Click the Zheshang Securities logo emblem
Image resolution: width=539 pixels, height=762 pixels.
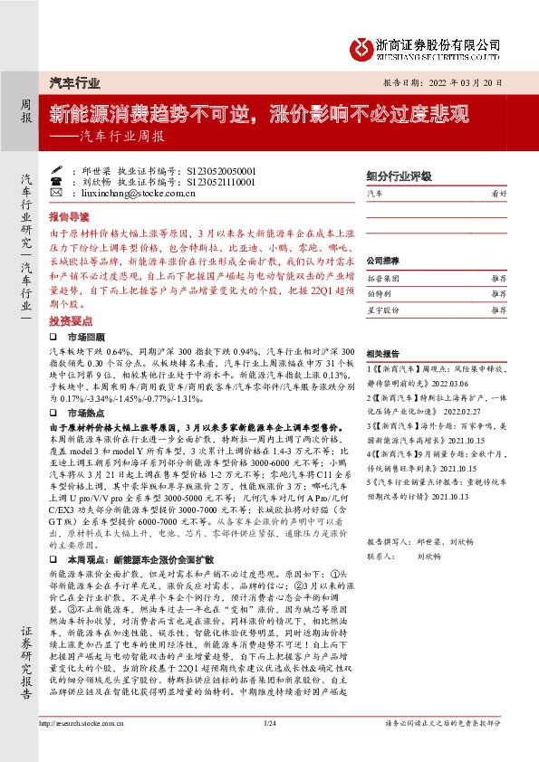pyautogui.click(x=363, y=47)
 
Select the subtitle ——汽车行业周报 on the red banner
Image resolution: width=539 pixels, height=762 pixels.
pyautogui.click(x=111, y=138)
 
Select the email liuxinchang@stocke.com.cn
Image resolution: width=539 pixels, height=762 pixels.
pyautogui.click(x=129, y=193)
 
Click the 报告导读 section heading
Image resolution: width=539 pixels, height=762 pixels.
pyautogui.click(x=69, y=217)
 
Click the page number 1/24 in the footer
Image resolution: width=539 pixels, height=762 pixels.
pyautogui.click(x=268, y=748)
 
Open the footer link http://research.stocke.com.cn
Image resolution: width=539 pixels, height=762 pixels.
pyautogui.click(x=83, y=748)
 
